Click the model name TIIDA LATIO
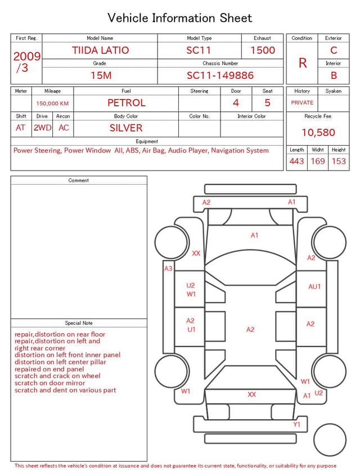pyautogui.click(x=100, y=50)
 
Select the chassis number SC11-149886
pyautogui.click(x=220, y=75)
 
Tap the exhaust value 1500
pyautogui.click(x=263, y=50)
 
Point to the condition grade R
pyautogui.click(x=303, y=63)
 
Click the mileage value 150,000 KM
pyautogui.click(x=52, y=104)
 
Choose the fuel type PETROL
pyautogui.click(x=127, y=103)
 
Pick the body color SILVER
pyautogui.click(x=126, y=128)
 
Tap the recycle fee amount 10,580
pyautogui.click(x=318, y=132)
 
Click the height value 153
pyautogui.click(x=339, y=161)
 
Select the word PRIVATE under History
pyautogui.click(x=302, y=102)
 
